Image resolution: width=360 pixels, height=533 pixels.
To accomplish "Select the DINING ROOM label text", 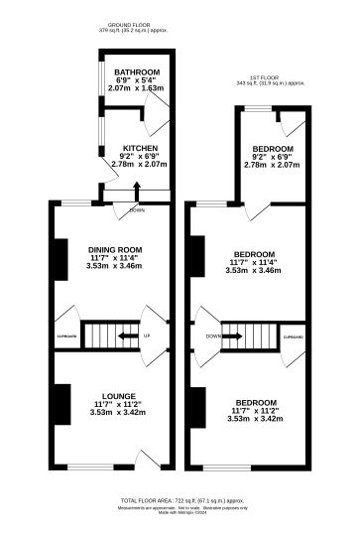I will pyautogui.click(x=116, y=249).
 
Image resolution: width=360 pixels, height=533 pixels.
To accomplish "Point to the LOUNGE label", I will pyautogui.click(x=116, y=395).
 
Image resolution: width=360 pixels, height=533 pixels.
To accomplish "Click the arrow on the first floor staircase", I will pyautogui.click(x=238, y=336).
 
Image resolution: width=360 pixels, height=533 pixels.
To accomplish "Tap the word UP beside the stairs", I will pyautogui.click(x=147, y=335).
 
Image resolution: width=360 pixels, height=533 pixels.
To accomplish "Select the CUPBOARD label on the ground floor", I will pyautogui.click(x=66, y=336).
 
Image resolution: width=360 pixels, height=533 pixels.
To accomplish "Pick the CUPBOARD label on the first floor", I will pyautogui.click(x=293, y=336).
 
